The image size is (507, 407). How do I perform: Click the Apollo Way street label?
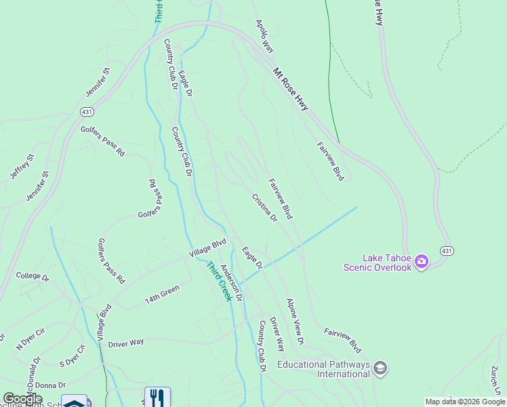[264, 36]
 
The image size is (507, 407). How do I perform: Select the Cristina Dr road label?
[264, 208]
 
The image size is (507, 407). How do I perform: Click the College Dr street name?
[33, 277]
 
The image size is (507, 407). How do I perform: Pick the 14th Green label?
[162, 294]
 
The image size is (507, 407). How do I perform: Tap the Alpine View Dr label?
[295, 320]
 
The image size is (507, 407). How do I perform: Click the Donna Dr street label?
[50, 385]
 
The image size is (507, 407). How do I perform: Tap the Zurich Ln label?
[496, 380]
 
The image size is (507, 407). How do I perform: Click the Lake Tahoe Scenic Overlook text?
[387, 263]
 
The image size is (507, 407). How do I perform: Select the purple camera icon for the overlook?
[422, 261]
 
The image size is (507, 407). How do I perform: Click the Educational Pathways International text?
[323, 369]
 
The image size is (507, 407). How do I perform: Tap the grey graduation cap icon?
[380, 368]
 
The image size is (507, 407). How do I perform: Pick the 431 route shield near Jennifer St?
[86, 111]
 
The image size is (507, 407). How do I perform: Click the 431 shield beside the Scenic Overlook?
[446, 251]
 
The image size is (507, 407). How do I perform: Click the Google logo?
[22, 399]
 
